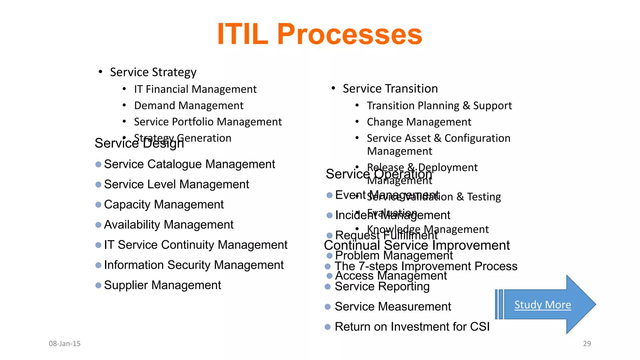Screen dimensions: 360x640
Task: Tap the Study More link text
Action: click(x=542, y=305)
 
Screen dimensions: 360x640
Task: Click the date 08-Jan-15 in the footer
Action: click(x=65, y=344)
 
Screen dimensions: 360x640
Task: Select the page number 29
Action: click(x=587, y=344)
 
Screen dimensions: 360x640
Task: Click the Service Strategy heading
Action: click(x=153, y=72)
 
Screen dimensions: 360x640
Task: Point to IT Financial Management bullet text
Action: click(x=195, y=89)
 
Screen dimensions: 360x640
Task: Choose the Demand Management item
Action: click(x=189, y=106)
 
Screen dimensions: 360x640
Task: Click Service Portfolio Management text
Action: click(x=208, y=122)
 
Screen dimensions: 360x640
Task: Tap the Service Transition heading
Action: click(x=390, y=89)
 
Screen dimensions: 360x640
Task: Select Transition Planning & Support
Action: click(x=439, y=106)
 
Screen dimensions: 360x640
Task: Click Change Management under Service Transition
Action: click(x=419, y=122)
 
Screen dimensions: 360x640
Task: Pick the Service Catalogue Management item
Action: click(x=189, y=164)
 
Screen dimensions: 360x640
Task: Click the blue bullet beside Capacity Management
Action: click(x=98, y=205)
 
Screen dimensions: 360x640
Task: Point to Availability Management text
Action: click(x=169, y=225)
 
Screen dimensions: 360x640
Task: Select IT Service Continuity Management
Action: click(x=196, y=245)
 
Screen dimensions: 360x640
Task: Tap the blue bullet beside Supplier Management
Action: click(x=98, y=285)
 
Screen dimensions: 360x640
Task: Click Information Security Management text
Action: click(x=194, y=265)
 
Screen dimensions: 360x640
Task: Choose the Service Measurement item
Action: click(x=393, y=307)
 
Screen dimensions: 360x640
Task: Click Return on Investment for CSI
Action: click(x=412, y=327)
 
